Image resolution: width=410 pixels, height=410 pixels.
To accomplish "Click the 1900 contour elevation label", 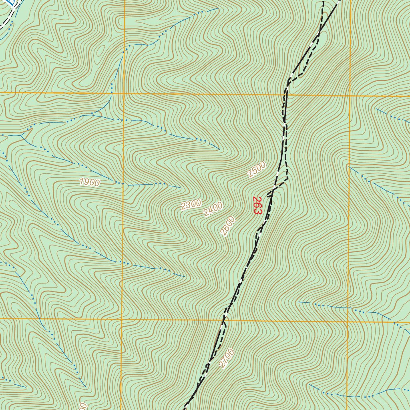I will click(x=90, y=183).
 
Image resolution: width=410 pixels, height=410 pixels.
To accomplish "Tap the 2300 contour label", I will click(x=191, y=205).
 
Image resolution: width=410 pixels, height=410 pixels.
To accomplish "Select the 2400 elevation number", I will click(x=213, y=209).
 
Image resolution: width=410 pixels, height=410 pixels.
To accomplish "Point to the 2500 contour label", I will click(x=257, y=169).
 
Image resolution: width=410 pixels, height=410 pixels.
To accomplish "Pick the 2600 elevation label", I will click(x=228, y=226).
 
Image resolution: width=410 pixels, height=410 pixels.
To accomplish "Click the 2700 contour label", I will click(x=226, y=358).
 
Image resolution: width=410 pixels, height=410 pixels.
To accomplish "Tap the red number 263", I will click(x=257, y=205).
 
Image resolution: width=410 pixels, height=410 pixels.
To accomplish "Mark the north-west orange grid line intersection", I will click(x=124, y=93).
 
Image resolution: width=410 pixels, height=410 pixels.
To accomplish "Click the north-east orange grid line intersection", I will click(x=350, y=96).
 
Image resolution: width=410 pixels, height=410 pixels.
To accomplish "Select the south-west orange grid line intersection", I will click(x=121, y=319).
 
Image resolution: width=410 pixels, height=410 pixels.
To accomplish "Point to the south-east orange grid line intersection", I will click(x=348, y=322).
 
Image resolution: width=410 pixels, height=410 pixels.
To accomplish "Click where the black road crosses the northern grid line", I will click(x=287, y=95).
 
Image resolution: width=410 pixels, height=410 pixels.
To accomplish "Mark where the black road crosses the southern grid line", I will click(x=223, y=320).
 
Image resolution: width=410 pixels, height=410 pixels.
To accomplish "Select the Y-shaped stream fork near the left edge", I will click(x=21, y=136).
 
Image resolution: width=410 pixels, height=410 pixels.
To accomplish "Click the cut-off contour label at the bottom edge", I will click(x=82, y=406).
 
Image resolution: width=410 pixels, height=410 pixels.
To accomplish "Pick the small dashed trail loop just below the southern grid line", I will click(x=225, y=325).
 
